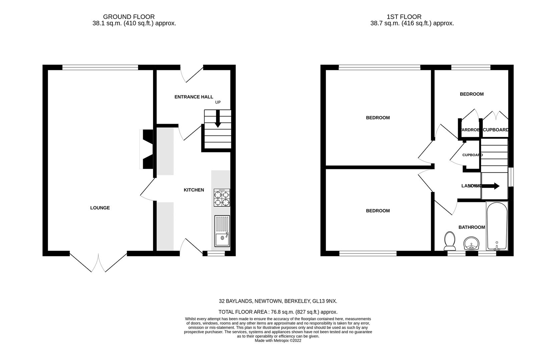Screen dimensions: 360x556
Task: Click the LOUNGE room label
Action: point(100,208)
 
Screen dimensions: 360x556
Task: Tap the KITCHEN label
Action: point(194,190)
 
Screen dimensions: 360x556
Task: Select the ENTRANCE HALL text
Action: point(194,97)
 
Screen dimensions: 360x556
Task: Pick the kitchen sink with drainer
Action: point(222,231)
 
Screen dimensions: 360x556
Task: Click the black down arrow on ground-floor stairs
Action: point(217,119)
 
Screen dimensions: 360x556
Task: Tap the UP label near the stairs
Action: point(218,102)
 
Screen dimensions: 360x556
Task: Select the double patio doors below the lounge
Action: point(98,263)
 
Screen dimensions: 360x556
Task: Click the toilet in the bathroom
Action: point(450,241)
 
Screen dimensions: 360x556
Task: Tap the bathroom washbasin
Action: point(471,244)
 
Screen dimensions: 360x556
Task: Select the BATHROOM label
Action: point(471,227)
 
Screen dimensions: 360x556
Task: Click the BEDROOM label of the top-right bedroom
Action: point(471,94)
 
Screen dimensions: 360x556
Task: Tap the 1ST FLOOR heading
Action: point(404,17)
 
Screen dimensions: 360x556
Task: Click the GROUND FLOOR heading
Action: point(129,17)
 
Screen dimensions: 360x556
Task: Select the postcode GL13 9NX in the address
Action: point(325,301)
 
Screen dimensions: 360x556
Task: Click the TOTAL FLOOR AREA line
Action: point(278,312)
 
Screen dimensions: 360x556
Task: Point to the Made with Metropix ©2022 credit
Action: point(278,341)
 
